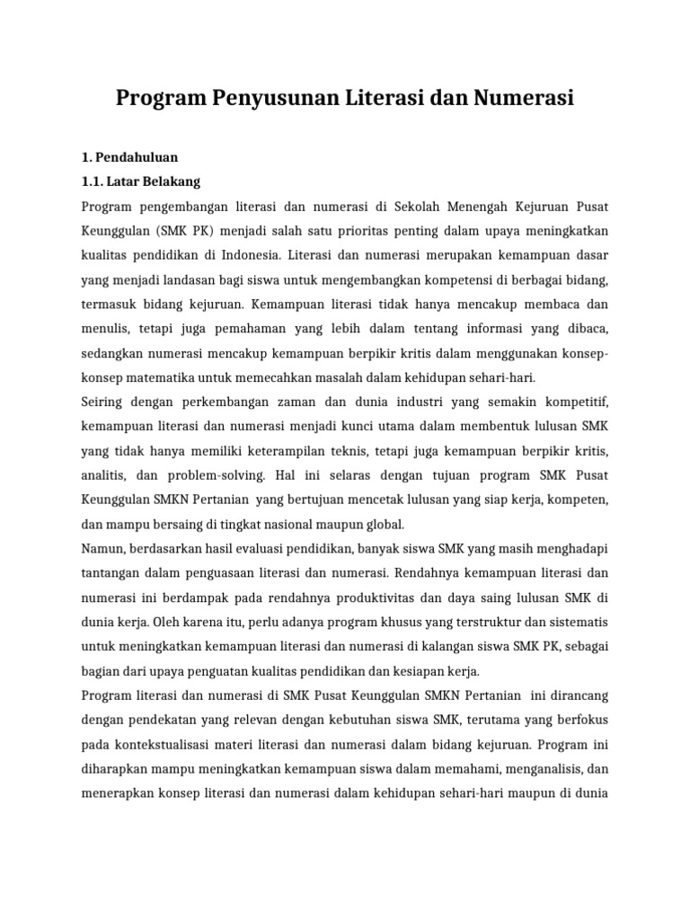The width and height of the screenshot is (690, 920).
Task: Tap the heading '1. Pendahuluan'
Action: pyautogui.click(x=129, y=157)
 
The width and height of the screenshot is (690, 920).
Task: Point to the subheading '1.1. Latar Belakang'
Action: pyautogui.click(x=141, y=181)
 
